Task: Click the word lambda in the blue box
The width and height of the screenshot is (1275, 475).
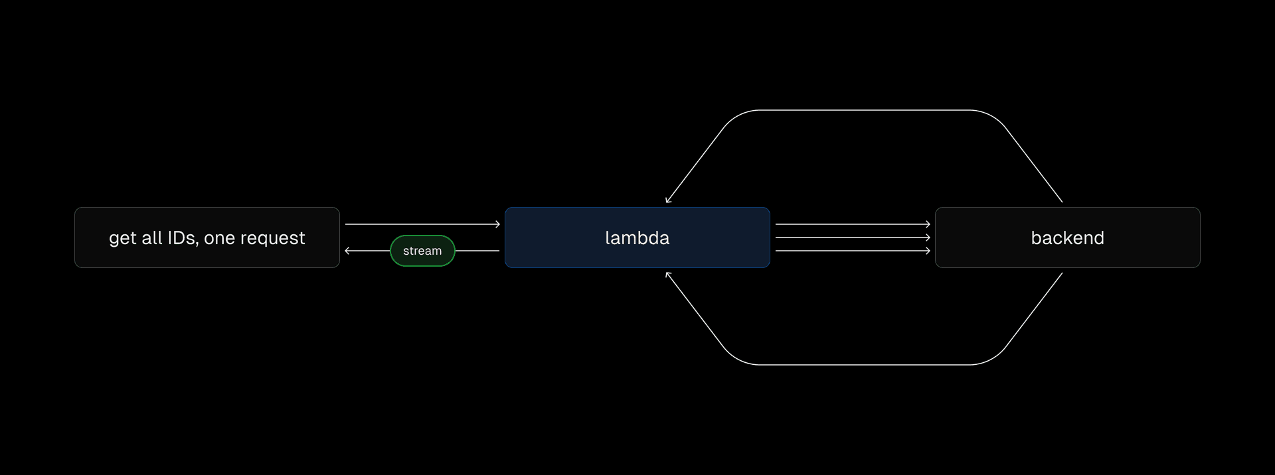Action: click(x=637, y=237)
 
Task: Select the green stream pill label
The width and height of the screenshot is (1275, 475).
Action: click(x=422, y=251)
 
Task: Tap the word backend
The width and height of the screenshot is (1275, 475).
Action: click(x=1067, y=237)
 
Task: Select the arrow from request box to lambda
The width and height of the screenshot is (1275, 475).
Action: click(x=422, y=224)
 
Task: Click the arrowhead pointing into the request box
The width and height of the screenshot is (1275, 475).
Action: click(x=347, y=251)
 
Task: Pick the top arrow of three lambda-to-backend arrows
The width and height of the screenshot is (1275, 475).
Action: click(x=852, y=224)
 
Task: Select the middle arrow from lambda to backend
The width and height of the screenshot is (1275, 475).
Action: click(x=852, y=237)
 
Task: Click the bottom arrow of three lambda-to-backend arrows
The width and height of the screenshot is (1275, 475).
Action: click(x=852, y=251)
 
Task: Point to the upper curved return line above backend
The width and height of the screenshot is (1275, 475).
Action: click(x=863, y=110)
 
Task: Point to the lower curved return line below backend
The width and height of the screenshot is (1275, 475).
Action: click(x=863, y=365)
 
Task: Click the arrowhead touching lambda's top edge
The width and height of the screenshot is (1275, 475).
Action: click(x=667, y=200)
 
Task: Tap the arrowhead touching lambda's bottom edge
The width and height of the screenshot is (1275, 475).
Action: click(x=667, y=275)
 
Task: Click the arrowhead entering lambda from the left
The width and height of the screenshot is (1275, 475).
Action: click(x=497, y=224)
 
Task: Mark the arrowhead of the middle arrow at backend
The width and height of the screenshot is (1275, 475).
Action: click(x=928, y=237)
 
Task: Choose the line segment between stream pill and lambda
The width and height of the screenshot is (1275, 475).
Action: click(x=477, y=251)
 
